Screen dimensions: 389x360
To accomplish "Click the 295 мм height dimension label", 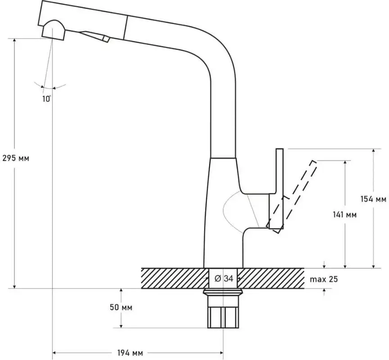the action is [x=16, y=158].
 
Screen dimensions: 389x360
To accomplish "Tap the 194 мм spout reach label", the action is [x=130, y=353].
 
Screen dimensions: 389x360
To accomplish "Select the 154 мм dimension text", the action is [x=373, y=199].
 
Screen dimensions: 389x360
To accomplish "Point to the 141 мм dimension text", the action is [x=344, y=215].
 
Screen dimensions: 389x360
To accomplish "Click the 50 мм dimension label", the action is [x=121, y=307].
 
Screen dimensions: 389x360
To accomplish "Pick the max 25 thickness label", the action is [x=324, y=279].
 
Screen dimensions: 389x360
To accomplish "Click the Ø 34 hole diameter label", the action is [x=224, y=279].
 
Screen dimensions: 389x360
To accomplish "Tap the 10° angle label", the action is [x=46, y=99].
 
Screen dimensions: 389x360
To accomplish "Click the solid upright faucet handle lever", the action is [x=280, y=189].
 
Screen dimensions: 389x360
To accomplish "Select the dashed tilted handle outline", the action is [x=291, y=197].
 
